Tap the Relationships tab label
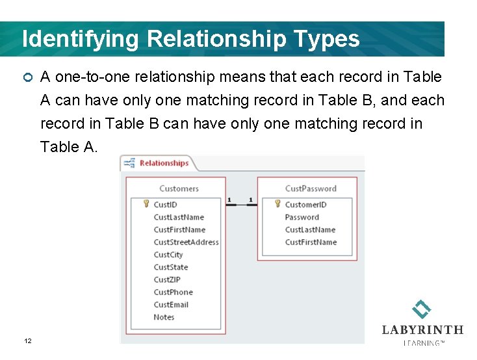164,163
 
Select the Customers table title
179,188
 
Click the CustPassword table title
311,188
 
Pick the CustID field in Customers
165,205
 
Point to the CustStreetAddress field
186,242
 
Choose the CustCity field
168,255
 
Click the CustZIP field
167,279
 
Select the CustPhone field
173,292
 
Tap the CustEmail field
171,305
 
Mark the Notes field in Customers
164,317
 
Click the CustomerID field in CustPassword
305,205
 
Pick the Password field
302,217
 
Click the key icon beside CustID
147,204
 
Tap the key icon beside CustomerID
277,204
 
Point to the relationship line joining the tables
241,205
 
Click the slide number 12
28,341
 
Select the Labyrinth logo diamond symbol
422,309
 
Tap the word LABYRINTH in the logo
422,330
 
